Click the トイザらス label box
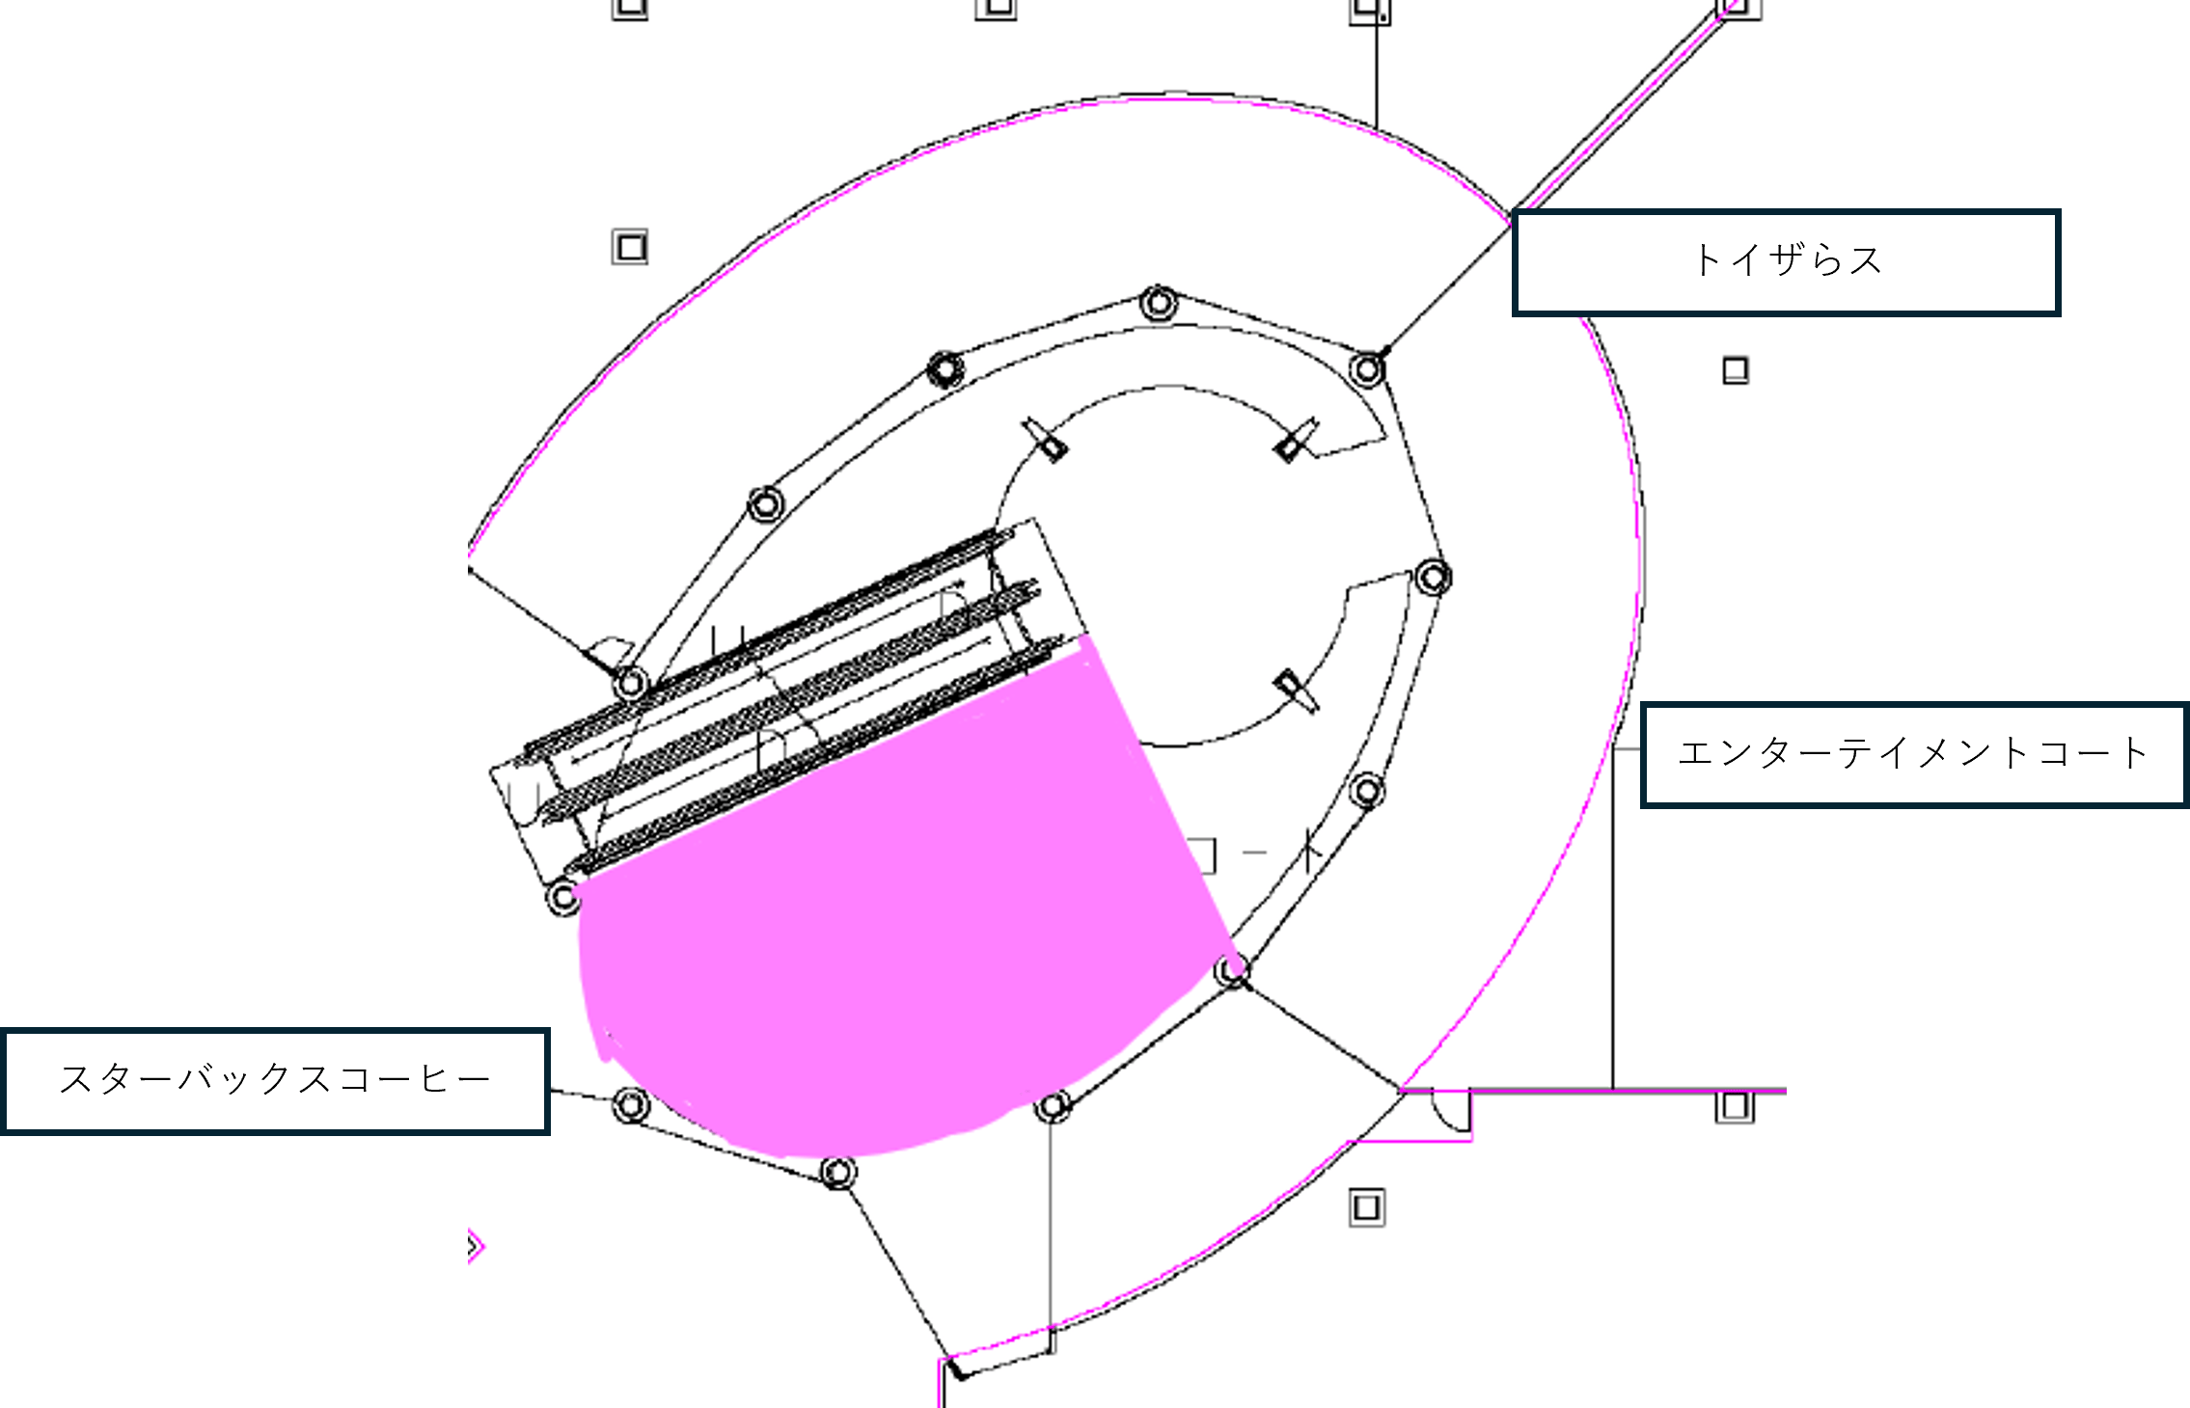[1785, 262]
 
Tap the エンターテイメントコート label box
[1913, 754]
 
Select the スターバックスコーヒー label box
[276, 1080]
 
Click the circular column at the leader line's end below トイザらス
[1367, 368]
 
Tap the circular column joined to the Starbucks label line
[630, 1104]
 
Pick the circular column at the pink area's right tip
[1232, 970]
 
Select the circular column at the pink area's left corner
[563, 897]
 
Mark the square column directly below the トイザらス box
[1735, 370]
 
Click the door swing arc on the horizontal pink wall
[1450, 1111]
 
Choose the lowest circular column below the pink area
[837, 1173]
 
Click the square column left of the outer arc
[630, 248]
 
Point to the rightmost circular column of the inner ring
[1433, 578]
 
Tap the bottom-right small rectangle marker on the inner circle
[1293, 690]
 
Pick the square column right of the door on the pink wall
[1734, 1106]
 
